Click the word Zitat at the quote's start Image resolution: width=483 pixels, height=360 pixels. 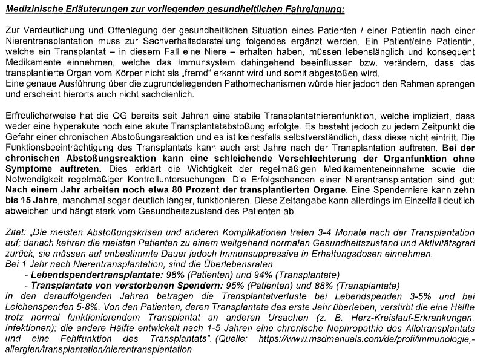click(15, 232)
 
